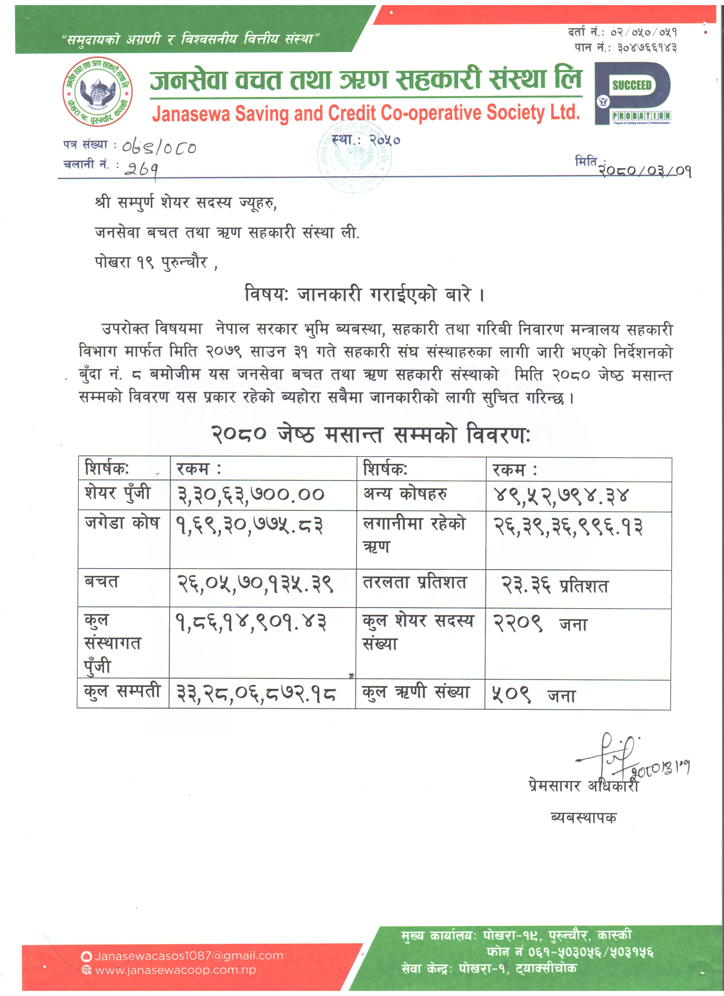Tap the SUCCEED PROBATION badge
click(632, 93)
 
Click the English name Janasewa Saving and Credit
click(365, 113)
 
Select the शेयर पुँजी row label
click(118, 493)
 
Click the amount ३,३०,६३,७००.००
click(250, 495)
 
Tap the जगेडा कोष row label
click(122, 523)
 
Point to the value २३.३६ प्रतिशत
click(555, 585)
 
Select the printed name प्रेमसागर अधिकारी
click(583, 786)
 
